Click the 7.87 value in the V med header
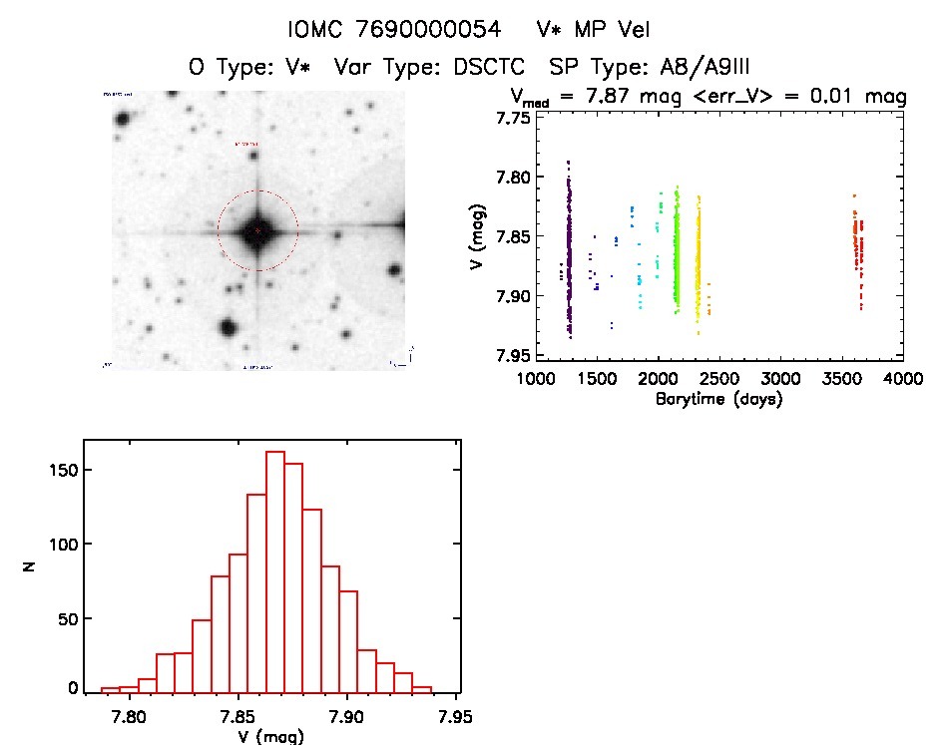coord(627,97)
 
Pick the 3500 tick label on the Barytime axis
coord(842,380)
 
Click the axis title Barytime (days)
coord(718,399)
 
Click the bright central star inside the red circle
coord(257,230)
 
